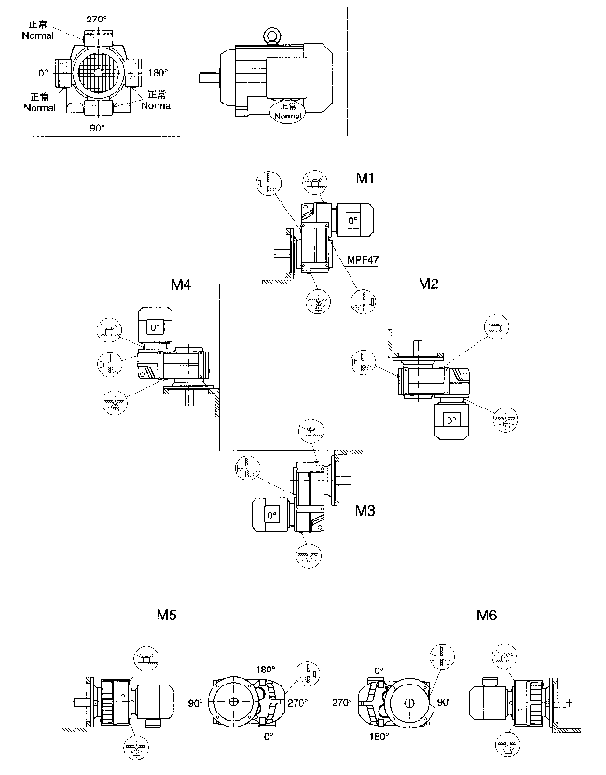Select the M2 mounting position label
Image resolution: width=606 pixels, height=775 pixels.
click(x=428, y=284)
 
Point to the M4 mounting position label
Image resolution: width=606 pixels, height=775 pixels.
click(x=182, y=284)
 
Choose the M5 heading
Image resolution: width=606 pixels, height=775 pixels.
click(x=167, y=616)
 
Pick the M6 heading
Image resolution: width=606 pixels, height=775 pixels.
click(x=486, y=616)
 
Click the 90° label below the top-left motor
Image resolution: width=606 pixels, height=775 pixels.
click(x=97, y=128)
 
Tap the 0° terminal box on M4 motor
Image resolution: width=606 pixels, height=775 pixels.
click(x=152, y=327)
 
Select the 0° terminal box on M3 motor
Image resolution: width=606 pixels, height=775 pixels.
click(x=271, y=514)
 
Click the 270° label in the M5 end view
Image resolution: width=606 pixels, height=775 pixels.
click(x=297, y=703)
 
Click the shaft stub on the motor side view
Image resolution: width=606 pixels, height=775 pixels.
click(x=210, y=77)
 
